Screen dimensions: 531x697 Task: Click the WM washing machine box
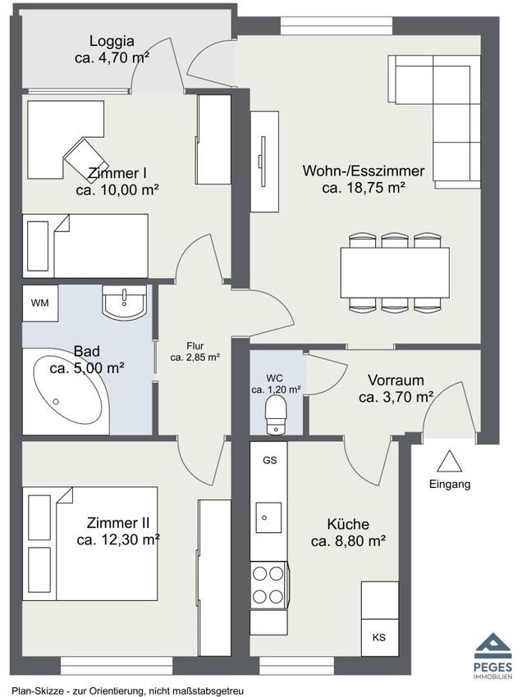pyautogui.click(x=40, y=303)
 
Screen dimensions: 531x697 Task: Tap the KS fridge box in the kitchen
pyautogui.click(x=379, y=637)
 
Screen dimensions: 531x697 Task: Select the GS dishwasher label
pyautogui.click(x=270, y=460)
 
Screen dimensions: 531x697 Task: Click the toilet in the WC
pyautogui.click(x=275, y=414)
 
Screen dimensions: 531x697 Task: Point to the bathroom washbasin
pyautogui.click(x=124, y=302)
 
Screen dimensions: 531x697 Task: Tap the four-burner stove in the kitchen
pyautogui.click(x=268, y=585)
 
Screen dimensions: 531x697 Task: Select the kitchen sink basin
pyautogui.click(x=268, y=517)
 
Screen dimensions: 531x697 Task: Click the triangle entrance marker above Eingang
pyautogui.click(x=449, y=462)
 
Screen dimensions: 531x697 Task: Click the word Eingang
pyautogui.click(x=450, y=484)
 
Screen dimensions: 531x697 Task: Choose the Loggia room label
pyautogui.click(x=112, y=41)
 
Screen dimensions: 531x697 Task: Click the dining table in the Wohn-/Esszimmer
pyautogui.click(x=395, y=272)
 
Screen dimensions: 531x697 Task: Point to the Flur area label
pyautogui.click(x=195, y=346)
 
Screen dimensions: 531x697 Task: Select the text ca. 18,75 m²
pyautogui.click(x=364, y=188)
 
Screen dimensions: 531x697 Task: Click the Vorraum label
pyautogui.click(x=396, y=380)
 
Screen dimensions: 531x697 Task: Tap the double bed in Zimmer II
pyautogui.click(x=90, y=544)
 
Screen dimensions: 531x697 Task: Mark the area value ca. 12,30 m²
pyautogui.click(x=118, y=540)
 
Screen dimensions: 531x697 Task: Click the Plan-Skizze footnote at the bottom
pyautogui.click(x=128, y=691)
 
